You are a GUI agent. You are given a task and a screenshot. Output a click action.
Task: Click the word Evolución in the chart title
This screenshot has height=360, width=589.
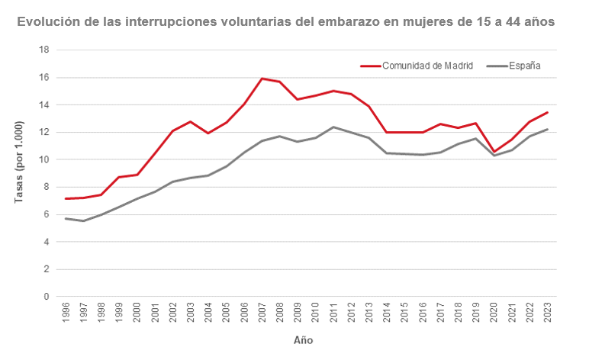48,22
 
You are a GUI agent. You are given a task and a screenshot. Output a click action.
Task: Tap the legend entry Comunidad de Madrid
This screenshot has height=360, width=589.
427,66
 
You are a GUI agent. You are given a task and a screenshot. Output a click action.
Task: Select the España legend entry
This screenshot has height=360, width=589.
524,66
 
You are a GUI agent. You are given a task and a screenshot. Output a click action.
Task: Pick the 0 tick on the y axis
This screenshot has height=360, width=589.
47,297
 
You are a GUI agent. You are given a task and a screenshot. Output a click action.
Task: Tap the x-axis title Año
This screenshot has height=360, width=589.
303,340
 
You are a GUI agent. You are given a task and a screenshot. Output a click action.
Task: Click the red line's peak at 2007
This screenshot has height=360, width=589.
262,79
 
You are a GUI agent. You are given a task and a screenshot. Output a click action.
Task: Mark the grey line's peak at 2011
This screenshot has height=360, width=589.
333,127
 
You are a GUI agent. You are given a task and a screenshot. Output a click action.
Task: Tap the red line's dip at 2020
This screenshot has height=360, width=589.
494,152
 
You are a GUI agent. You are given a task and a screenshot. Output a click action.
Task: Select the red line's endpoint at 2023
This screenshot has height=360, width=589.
547,113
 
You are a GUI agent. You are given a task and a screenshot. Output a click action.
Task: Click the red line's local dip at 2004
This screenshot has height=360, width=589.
209,133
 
